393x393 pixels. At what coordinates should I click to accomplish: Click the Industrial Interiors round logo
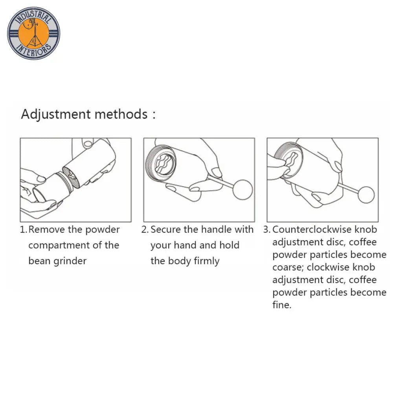[x=33, y=33]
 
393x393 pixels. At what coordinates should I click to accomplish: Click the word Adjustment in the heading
[x=56, y=115]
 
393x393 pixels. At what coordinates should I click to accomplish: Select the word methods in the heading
[x=121, y=114]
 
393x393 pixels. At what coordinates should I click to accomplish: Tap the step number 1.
[x=23, y=230]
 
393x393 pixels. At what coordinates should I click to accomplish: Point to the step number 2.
[x=145, y=230]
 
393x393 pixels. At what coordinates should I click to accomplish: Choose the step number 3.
[x=266, y=230]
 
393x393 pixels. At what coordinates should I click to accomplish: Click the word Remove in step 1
[x=46, y=230]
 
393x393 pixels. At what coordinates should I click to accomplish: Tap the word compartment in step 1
[x=59, y=246]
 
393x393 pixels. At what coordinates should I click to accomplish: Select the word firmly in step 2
[x=207, y=261]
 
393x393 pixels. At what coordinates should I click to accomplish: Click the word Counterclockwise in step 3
[x=312, y=230]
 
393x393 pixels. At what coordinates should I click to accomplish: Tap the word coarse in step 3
[x=288, y=268]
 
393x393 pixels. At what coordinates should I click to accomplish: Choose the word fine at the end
[x=282, y=305]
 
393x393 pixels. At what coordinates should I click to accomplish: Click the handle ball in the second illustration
[x=242, y=190]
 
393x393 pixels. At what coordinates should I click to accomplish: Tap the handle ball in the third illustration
[x=366, y=195]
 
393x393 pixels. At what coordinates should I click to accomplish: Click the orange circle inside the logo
[x=33, y=33]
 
